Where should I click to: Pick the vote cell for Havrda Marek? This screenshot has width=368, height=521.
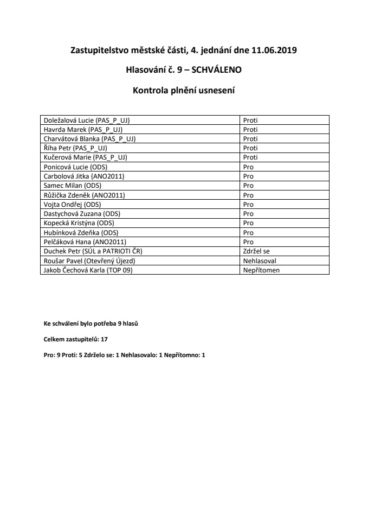[250, 130]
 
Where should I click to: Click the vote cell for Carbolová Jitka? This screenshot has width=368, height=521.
[248, 176]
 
